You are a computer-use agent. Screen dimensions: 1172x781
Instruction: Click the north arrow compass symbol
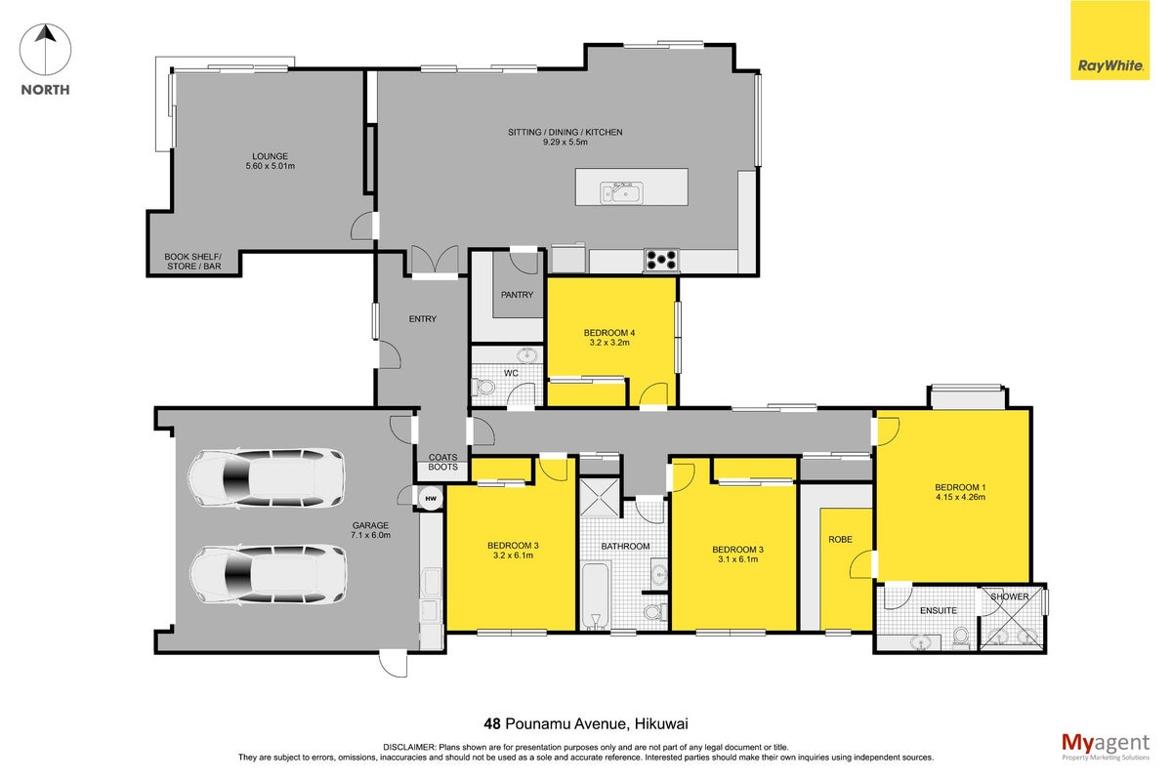point(46,50)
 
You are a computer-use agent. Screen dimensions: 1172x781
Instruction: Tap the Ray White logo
point(1109,40)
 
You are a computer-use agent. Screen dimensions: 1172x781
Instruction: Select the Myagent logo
point(1106,747)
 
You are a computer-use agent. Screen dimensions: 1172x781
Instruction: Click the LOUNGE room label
point(270,156)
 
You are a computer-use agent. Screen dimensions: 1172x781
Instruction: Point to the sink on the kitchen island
point(621,192)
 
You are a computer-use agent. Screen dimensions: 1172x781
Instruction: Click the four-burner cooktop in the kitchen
point(662,260)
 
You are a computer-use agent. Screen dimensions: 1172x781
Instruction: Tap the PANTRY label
point(517,295)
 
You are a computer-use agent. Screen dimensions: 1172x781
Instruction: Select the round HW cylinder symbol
point(431,499)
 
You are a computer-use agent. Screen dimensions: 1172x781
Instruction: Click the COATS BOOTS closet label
point(442,463)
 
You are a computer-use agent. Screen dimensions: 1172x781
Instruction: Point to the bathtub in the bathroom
point(595,596)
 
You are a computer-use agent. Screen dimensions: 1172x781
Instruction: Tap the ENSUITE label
point(939,611)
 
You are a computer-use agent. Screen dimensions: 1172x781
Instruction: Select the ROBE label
point(840,539)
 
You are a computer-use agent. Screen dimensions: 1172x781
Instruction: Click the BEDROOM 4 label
point(609,333)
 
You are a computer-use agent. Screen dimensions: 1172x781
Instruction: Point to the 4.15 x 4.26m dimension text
point(961,498)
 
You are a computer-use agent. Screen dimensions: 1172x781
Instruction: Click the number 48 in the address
point(492,724)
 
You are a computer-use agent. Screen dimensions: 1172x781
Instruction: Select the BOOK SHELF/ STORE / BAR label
point(193,262)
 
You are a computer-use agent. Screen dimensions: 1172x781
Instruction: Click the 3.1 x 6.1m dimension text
point(738,559)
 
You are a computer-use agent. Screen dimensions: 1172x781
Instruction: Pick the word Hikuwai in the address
point(661,724)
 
